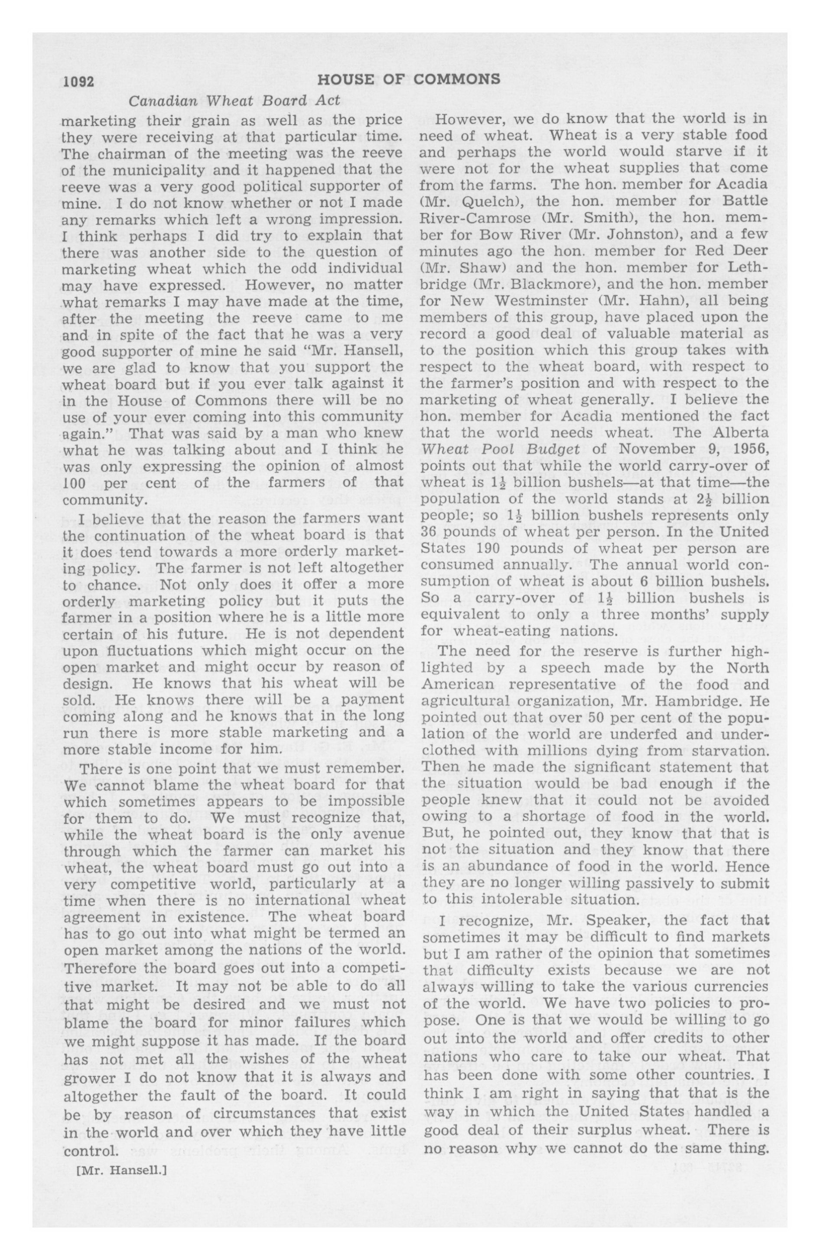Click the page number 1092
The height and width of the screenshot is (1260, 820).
pyautogui.click(x=78, y=81)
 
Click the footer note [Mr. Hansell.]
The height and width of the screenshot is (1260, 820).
pyautogui.click(x=122, y=1171)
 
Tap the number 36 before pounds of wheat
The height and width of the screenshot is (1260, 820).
pyautogui.click(x=429, y=532)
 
